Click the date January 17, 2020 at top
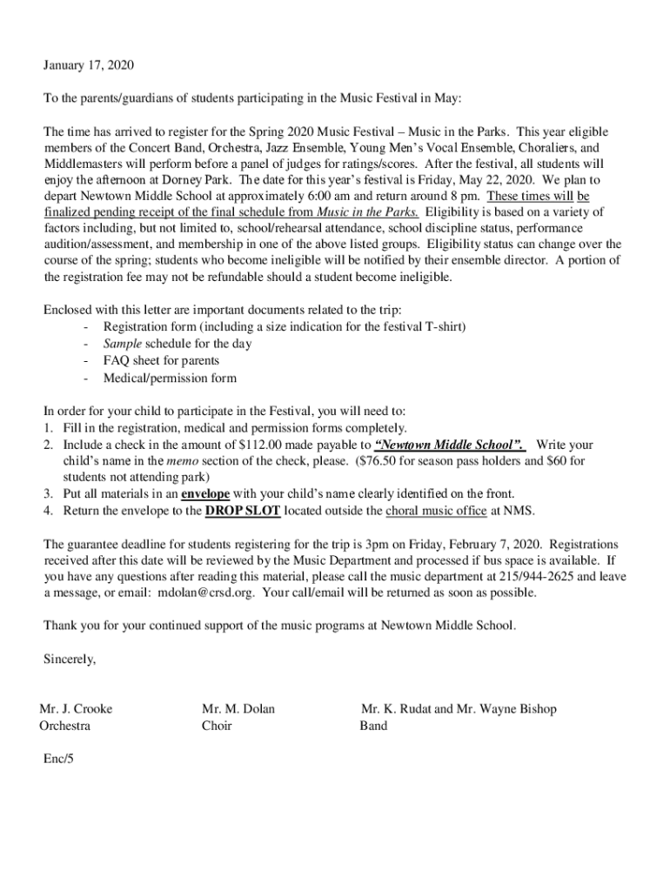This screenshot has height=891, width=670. (x=90, y=65)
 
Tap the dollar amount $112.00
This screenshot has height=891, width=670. (x=259, y=445)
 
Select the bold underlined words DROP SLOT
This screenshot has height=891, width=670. (x=243, y=511)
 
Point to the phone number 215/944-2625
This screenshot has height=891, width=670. (x=537, y=577)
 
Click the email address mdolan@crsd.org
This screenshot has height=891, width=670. (x=208, y=593)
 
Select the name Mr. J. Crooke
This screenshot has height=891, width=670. (x=76, y=709)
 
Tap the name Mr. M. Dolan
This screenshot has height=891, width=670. (x=238, y=709)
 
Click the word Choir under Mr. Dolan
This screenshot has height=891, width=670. (x=217, y=726)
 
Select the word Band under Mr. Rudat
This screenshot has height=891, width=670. (x=373, y=726)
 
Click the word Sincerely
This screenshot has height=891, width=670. (x=70, y=660)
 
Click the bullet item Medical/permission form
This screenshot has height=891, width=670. (x=170, y=378)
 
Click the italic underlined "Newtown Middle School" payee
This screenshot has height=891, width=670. (x=448, y=445)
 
